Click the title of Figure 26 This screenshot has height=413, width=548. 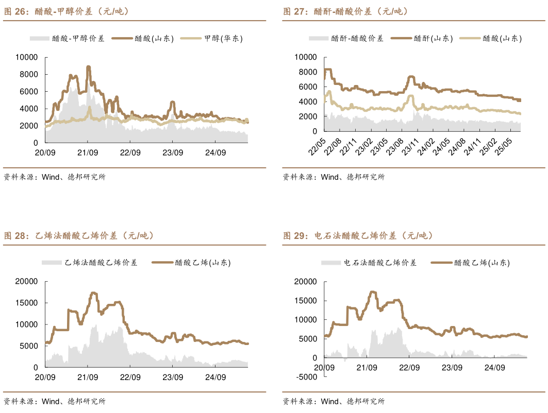[x=67, y=11]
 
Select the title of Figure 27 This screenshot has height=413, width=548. [x=346, y=11]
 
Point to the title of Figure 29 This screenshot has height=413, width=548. [x=358, y=236]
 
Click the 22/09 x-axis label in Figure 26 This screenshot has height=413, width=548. [x=130, y=152]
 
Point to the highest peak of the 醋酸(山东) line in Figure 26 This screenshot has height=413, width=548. [x=88, y=67]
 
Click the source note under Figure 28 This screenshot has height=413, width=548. [x=54, y=401]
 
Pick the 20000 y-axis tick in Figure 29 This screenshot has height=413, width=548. [x=305, y=281]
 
